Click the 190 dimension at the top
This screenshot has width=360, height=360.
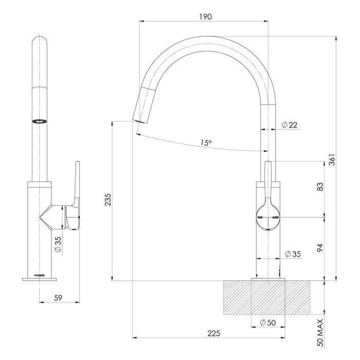205,16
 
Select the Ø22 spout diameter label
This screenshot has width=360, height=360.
290,124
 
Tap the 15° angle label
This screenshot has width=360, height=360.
206,144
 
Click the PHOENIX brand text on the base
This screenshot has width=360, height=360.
40,275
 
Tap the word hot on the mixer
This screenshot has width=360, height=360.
260,218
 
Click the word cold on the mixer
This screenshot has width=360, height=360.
275,218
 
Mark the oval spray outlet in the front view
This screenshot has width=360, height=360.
40,121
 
